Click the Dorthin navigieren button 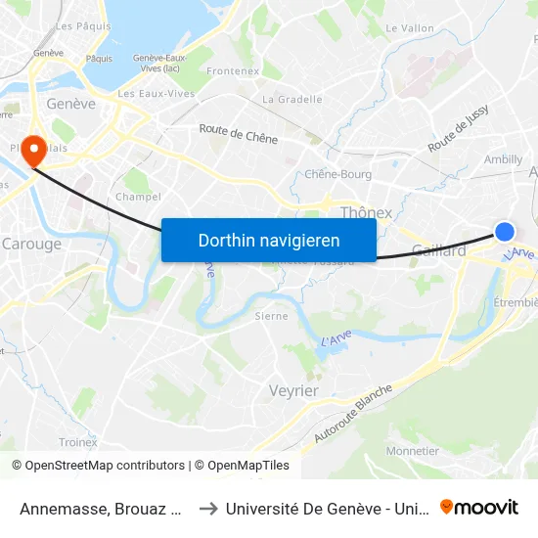[x=269, y=240]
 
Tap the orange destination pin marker [x=34, y=150]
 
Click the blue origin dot [x=505, y=231]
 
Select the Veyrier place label [x=293, y=390]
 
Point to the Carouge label [x=32, y=244]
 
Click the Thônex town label [x=366, y=212]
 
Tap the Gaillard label [x=439, y=250]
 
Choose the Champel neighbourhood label [x=138, y=197]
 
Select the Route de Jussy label [x=458, y=130]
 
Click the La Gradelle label [x=292, y=99]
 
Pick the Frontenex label [x=233, y=71]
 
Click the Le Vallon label [x=410, y=28]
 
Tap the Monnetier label [x=413, y=451]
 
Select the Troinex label [x=77, y=442]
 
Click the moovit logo [x=479, y=507]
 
